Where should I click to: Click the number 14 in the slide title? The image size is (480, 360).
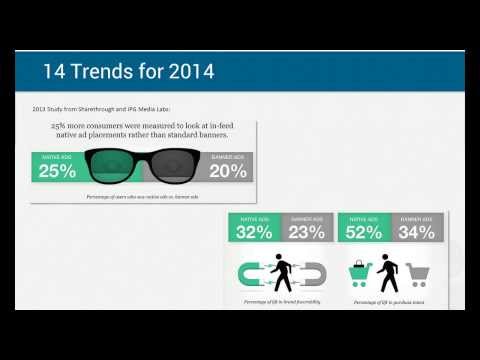(x=54, y=72)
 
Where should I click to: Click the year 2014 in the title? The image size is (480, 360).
(x=187, y=72)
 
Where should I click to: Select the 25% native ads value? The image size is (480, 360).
(x=58, y=171)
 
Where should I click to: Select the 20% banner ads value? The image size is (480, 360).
(x=228, y=171)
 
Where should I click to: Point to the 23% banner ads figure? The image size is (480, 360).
(x=306, y=233)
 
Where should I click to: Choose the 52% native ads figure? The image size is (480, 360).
(x=363, y=233)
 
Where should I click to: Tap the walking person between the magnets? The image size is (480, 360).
(x=282, y=273)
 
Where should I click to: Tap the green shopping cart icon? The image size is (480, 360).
(x=360, y=273)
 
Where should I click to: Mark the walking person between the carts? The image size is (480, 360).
(x=388, y=273)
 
